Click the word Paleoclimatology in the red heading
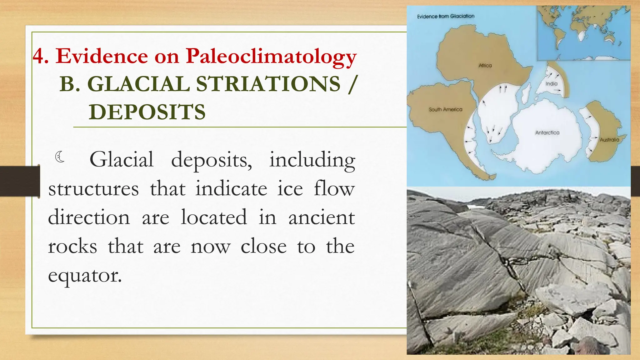coord(271,57)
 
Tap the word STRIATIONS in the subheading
coord(268,84)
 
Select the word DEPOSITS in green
coord(147,112)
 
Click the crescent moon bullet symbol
coord(60,157)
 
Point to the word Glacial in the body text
coord(122,160)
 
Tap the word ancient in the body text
coord(322,217)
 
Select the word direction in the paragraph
coord(89,217)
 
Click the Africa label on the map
coord(485,65)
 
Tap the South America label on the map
coord(445,109)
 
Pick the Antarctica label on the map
coord(547,132)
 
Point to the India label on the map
coord(552,83)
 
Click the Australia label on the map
coord(609,140)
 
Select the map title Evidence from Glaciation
coord(446,16)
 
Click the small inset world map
coord(583,33)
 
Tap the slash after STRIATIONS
coord(352,84)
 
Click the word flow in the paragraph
coord(334,189)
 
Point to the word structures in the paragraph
coord(93,189)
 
